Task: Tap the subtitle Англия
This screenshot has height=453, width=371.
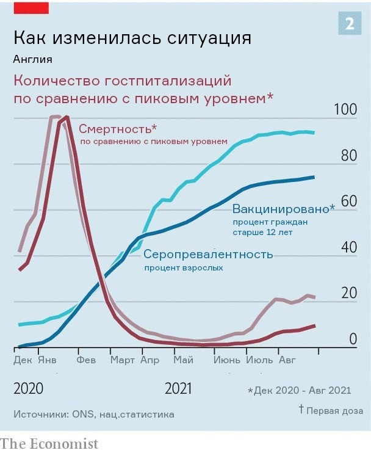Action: [x=32, y=59]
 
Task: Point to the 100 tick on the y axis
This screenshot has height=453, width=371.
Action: [x=345, y=110]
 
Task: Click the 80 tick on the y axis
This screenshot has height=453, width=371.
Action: [x=348, y=156]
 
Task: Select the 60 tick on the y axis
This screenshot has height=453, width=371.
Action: [x=348, y=201]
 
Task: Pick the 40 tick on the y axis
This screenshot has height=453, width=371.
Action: [x=348, y=247]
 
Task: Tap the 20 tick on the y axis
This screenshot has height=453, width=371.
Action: [x=348, y=293]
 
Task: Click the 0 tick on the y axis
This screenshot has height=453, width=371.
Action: [x=352, y=339]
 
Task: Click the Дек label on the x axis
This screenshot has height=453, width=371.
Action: [x=23, y=360]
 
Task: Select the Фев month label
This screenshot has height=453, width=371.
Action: [x=86, y=360]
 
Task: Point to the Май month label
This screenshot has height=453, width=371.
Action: [x=183, y=360]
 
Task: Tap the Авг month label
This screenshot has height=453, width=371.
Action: [x=287, y=360]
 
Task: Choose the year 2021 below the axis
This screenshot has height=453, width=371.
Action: [x=179, y=389]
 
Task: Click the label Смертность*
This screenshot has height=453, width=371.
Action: [x=118, y=129]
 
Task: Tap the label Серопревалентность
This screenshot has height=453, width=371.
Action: [x=208, y=254]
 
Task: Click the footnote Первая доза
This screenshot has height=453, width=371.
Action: [x=334, y=410]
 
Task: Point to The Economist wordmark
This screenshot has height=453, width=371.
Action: [x=49, y=443]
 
